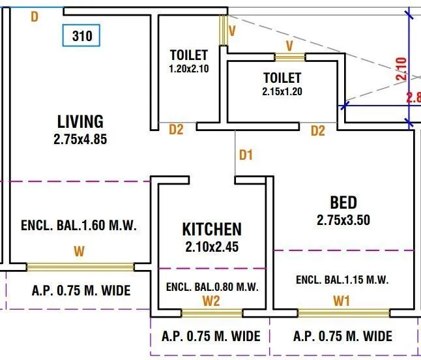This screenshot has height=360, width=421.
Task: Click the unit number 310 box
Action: click(x=81, y=36)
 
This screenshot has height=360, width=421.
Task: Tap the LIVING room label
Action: click(x=80, y=121)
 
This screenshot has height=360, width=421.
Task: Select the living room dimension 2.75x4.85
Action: click(x=80, y=138)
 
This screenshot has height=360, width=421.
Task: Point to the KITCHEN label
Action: click(x=211, y=229)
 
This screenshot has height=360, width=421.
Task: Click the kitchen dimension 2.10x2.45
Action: click(x=211, y=247)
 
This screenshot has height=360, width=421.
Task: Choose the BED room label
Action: click(x=343, y=202)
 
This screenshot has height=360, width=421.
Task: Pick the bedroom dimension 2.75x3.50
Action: click(x=343, y=220)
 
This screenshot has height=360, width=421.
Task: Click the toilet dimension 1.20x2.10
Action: click(x=188, y=68)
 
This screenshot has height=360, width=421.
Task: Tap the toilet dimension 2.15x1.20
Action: click(x=282, y=91)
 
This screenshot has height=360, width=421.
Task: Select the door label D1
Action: click(x=246, y=155)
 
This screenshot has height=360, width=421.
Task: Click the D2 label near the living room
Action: click(x=176, y=130)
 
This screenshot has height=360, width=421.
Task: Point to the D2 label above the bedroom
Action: click(x=317, y=131)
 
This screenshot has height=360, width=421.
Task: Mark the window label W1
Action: click(x=341, y=301)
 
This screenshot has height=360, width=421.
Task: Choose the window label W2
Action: click(x=210, y=301)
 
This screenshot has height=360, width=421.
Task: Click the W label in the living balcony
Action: click(x=79, y=250)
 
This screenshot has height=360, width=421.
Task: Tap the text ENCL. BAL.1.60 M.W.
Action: click(x=78, y=226)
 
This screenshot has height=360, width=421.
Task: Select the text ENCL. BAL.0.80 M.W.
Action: click(x=212, y=286)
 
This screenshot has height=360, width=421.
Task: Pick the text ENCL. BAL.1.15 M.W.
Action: click(x=342, y=280)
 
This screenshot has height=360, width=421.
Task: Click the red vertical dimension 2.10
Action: click(x=401, y=68)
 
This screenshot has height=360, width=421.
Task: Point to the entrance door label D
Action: click(x=35, y=16)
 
